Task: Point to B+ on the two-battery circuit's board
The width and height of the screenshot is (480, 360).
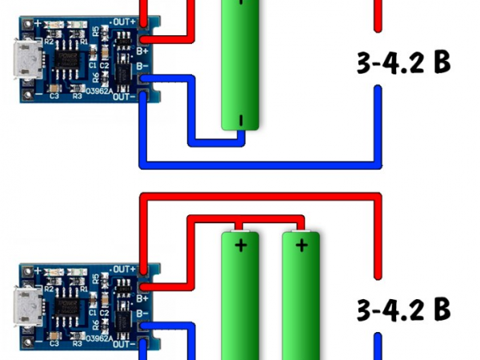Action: click(143, 297)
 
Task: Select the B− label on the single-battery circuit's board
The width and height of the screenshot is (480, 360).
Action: click(143, 66)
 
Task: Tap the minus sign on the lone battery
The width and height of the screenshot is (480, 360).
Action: click(241, 120)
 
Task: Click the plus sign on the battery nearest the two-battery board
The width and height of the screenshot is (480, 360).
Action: click(241, 245)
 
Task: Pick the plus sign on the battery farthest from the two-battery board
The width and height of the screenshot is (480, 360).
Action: click(302, 245)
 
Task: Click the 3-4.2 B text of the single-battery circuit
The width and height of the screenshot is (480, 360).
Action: click(402, 62)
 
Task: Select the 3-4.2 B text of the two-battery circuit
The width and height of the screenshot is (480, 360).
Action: click(402, 307)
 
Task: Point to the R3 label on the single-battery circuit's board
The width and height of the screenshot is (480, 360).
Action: click(77, 96)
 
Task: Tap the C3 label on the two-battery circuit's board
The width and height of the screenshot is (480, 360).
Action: click(54, 345)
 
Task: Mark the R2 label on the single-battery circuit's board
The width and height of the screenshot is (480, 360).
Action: click(48, 42)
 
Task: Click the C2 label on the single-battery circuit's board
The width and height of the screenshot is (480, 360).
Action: click(104, 66)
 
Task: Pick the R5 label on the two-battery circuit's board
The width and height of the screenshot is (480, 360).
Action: click(97, 279)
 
